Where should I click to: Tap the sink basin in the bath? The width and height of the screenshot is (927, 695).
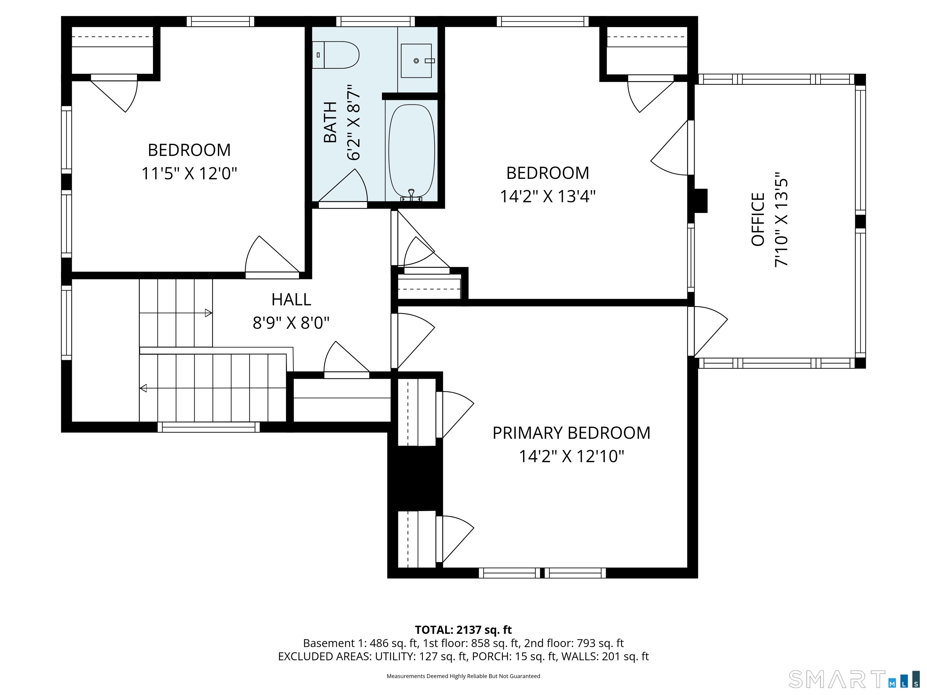(416, 61)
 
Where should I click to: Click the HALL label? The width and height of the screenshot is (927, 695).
(291, 300)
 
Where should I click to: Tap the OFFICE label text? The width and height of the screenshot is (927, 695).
(758, 219)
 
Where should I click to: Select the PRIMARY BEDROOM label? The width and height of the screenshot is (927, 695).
(571, 433)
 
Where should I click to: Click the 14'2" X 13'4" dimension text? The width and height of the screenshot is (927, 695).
(547, 196)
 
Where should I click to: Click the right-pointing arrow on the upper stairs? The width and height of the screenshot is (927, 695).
(208, 313)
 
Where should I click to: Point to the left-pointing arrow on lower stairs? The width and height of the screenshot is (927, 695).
(143, 388)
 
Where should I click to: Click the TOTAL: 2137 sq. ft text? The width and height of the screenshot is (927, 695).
(463, 630)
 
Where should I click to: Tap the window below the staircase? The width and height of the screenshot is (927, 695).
(208, 427)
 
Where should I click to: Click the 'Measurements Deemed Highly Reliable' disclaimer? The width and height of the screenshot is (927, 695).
(463, 676)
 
